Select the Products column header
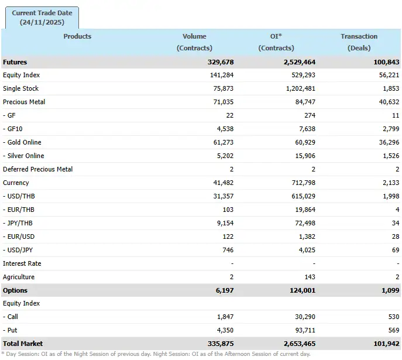[77, 36]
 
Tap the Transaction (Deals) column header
[359, 42]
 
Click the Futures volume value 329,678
[221, 62]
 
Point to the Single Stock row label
[21, 88]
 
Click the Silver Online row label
[23, 156]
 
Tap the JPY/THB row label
[19, 223]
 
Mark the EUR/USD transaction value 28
[396, 236]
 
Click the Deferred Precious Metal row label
[38, 169]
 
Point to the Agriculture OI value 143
[310, 277]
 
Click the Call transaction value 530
[393, 317]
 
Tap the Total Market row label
[23, 344]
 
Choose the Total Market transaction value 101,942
[386, 344]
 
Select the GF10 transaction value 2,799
[390, 129]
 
